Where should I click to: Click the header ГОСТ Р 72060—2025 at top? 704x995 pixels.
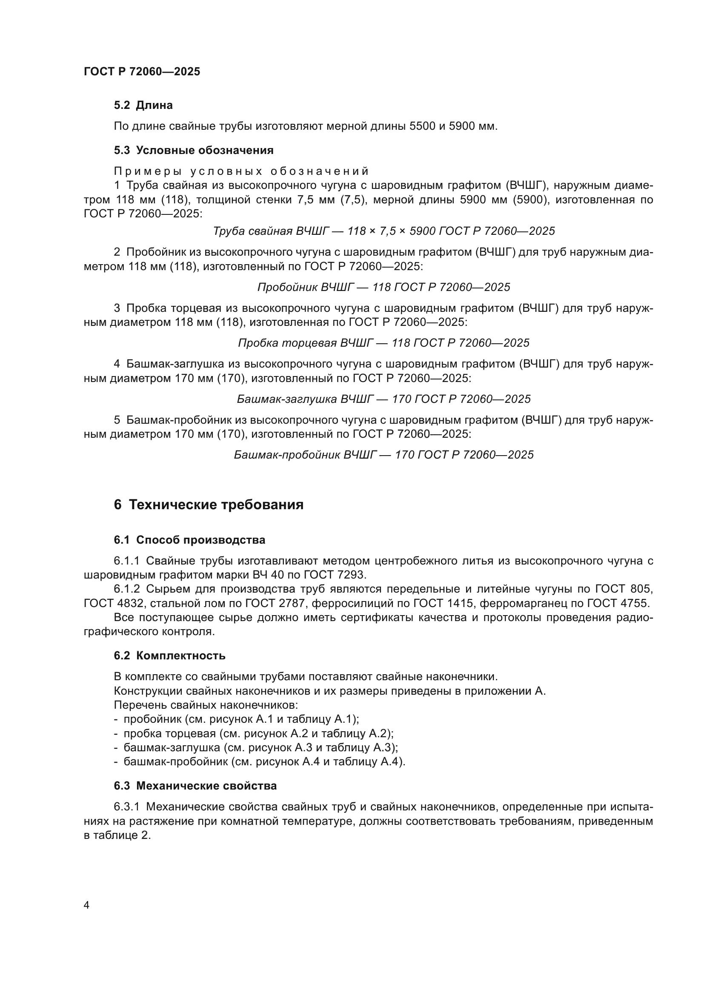(142, 71)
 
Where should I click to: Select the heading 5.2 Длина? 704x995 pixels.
(143, 105)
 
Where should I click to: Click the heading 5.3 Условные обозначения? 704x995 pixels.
(193, 150)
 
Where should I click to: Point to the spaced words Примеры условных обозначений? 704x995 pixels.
(241, 171)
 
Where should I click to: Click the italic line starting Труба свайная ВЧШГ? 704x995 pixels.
(383, 231)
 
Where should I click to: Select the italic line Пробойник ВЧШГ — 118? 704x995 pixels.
(383, 287)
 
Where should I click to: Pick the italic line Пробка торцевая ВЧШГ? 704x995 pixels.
(383, 343)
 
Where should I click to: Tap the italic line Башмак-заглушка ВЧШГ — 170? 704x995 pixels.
(383, 399)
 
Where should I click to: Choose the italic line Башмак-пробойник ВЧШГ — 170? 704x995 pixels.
(383, 455)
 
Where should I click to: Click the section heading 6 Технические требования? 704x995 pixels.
(209, 505)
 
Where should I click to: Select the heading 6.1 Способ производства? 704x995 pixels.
(189, 540)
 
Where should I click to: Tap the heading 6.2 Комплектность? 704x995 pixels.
(169, 656)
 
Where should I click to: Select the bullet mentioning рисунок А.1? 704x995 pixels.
(236, 719)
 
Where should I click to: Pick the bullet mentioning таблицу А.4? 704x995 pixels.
(259, 761)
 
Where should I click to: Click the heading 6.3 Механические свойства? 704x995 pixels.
(195, 785)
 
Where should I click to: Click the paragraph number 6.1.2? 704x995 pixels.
(126, 589)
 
